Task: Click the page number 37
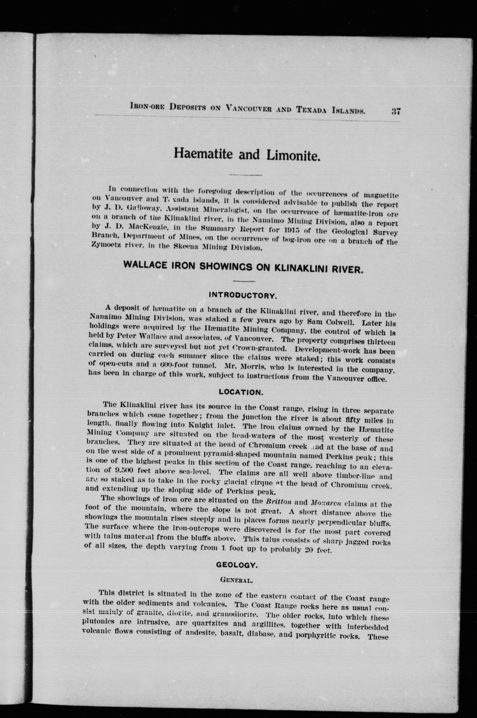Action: (x=396, y=111)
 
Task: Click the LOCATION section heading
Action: (x=241, y=392)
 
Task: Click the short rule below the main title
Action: (x=245, y=175)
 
